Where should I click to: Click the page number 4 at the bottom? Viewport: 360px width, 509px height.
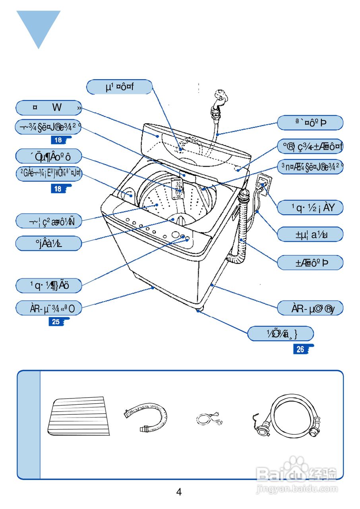click(x=179, y=492)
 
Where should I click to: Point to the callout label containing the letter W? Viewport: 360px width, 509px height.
click(x=49, y=108)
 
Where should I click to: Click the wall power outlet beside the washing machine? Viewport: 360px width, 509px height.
click(x=263, y=184)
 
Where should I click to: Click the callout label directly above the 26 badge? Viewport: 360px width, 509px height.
click(x=281, y=334)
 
